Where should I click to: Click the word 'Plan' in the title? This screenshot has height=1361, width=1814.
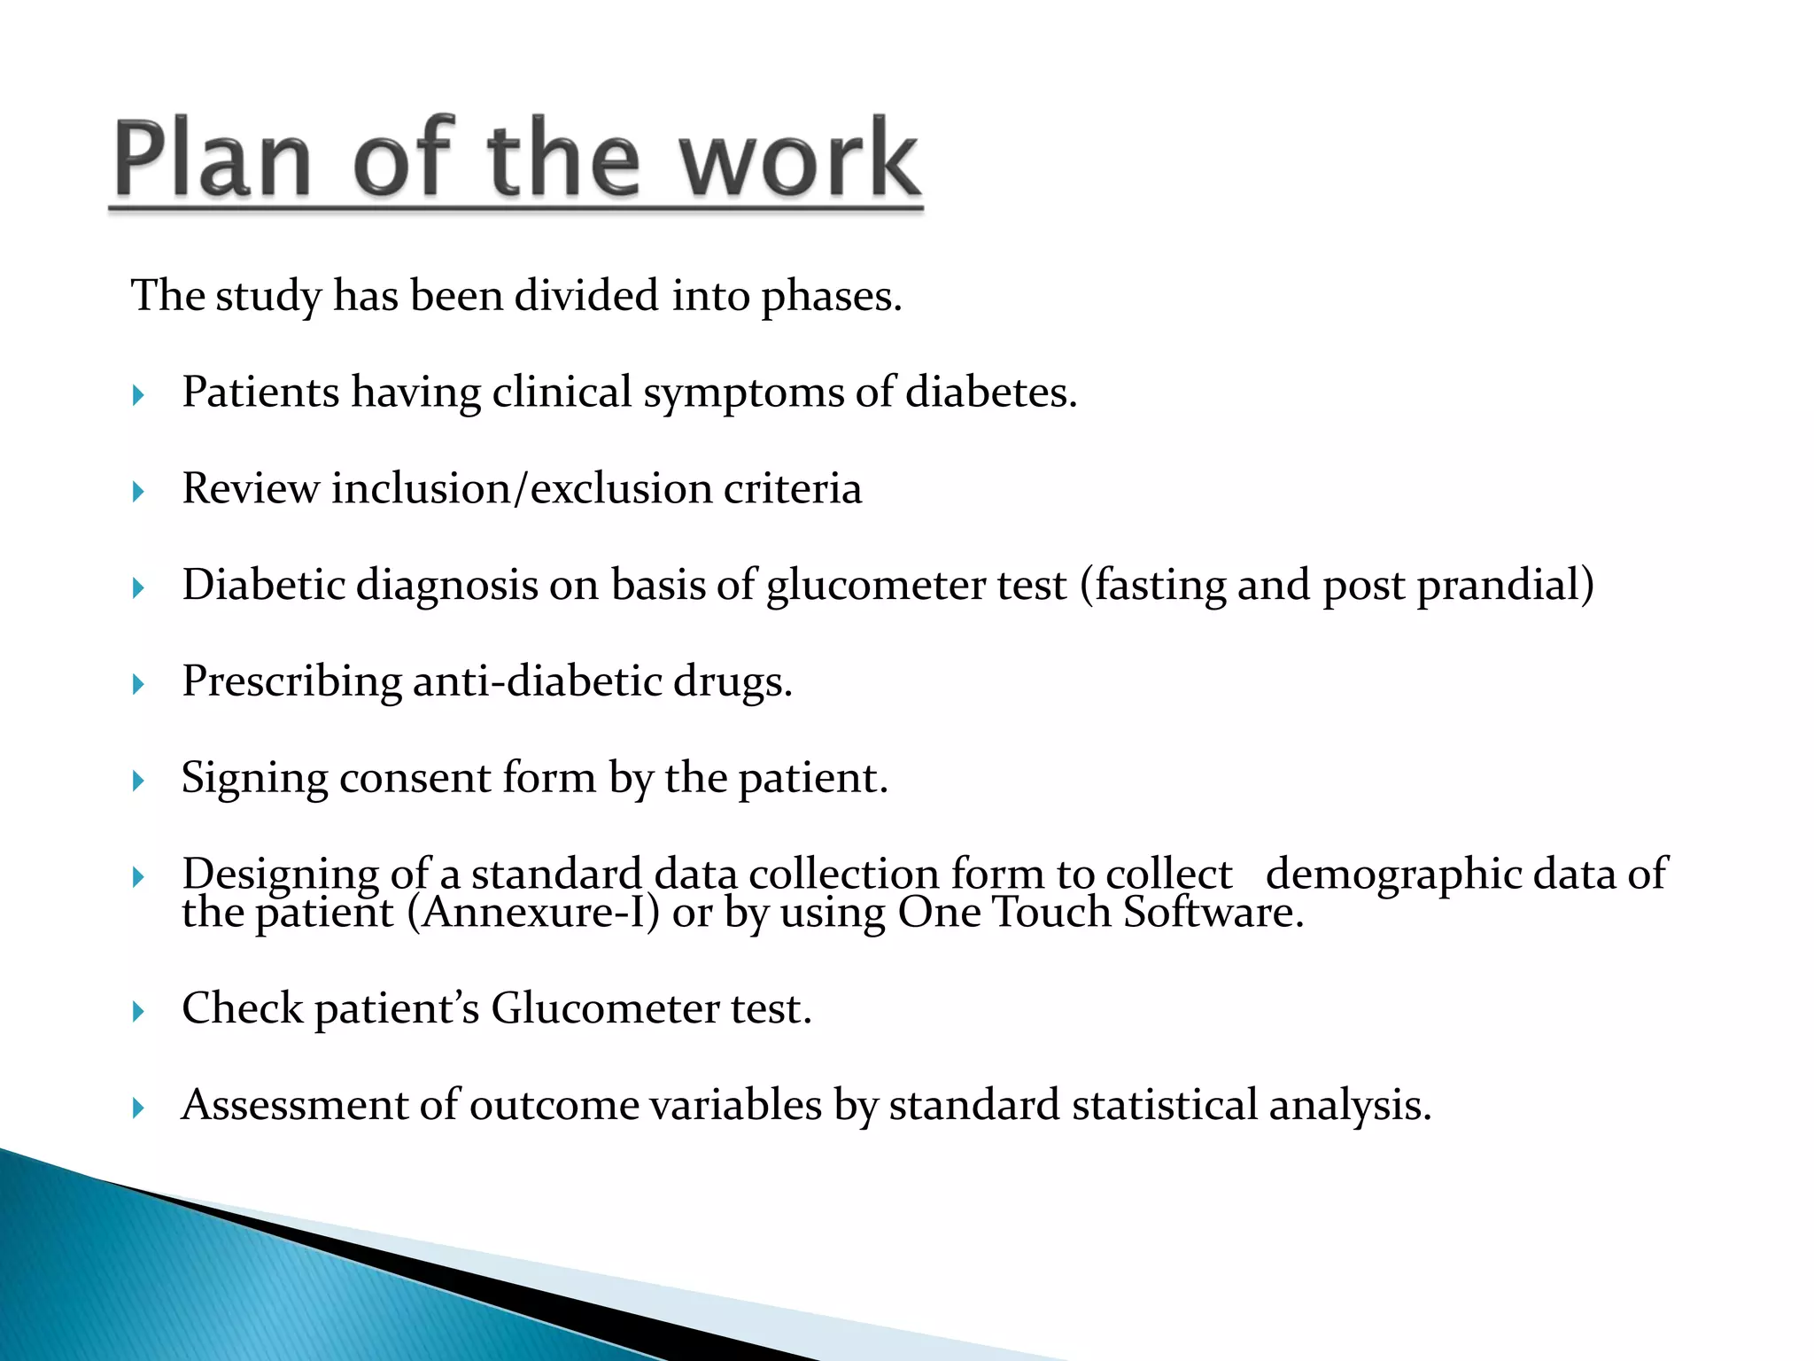(x=213, y=158)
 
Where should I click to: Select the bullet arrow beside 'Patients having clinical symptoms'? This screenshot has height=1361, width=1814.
(x=138, y=394)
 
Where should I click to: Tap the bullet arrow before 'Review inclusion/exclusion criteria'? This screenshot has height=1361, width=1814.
(x=138, y=491)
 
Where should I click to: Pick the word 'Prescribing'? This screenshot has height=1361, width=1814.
(x=291, y=682)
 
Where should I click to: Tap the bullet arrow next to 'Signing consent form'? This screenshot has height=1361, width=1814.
(x=138, y=781)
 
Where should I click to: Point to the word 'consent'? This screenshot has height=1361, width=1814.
(x=415, y=778)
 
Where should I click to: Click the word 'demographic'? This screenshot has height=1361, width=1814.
(x=1393, y=875)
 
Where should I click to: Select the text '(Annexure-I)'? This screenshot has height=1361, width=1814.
(x=533, y=913)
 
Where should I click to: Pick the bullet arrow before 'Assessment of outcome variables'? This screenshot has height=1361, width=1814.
(x=138, y=1108)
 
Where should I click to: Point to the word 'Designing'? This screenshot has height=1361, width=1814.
(x=281, y=875)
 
